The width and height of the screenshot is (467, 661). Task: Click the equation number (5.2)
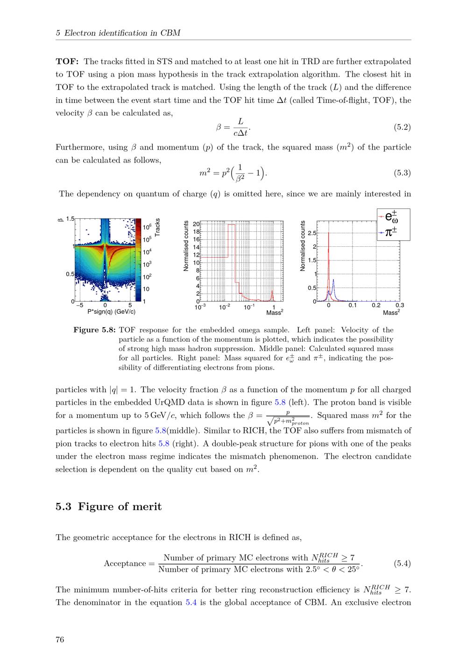pos(403,126)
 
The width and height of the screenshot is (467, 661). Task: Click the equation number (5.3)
pos(403,173)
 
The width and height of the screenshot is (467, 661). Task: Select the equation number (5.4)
pos(403,563)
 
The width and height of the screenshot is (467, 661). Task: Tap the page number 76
pos(60,640)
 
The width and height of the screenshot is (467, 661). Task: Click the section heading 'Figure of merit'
pos(120,507)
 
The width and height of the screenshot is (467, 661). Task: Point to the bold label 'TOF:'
pos(67,61)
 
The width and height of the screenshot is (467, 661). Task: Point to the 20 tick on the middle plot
pos(196,223)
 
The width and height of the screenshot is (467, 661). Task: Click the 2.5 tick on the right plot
pos(311,233)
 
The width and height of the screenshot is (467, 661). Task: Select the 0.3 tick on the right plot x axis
pos(400,305)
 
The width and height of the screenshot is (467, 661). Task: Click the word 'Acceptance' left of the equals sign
pos(125,563)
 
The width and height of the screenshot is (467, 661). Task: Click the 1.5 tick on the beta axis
pos(70,218)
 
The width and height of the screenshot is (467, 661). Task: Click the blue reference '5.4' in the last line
pos(191,602)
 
